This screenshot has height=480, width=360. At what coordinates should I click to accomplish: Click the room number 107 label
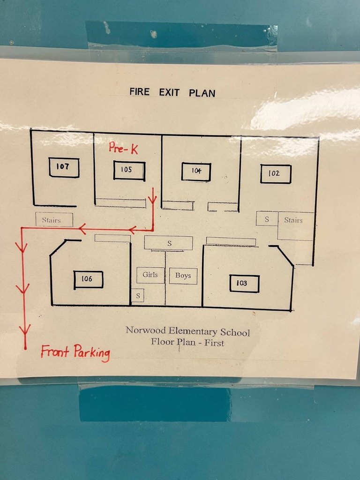pyautogui.click(x=64, y=167)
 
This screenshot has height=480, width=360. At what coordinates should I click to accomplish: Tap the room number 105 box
pyautogui.click(x=129, y=170)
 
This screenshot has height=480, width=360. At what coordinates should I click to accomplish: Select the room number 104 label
pyautogui.click(x=196, y=171)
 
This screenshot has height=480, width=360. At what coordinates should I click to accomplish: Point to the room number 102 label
pyautogui.click(x=275, y=173)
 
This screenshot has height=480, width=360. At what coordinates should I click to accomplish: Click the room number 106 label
pyautogui.click(x=88, y=279)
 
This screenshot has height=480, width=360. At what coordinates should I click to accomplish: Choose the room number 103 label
pyautogui.click(x=244, y=283)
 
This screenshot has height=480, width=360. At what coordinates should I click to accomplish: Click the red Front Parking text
pyautogui.click(x=75, y=352)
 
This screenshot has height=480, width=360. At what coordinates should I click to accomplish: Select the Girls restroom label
pyautogui.click(x=150, y=275)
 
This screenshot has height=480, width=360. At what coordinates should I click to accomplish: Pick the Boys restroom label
pyautogui.click(x=183, y=276)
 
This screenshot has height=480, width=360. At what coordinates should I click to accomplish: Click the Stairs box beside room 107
pyautogui.click(x=54, y=220)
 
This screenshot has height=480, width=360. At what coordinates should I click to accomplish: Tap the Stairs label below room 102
pyautogui.click(x=293, y=220)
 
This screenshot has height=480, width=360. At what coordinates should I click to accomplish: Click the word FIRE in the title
pyautogui.click(x=139, y=92)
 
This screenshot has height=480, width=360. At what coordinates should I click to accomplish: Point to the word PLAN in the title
pyautogui.click(x=202, y=93)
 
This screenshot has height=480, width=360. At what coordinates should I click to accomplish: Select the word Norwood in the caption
pyautogui.click(x=145, y=330)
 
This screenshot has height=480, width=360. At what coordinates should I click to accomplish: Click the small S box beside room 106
pyautogui.click(x=138, y=296)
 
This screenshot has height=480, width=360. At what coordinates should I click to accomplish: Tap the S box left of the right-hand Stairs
pyautogui.click(x=267, y=219)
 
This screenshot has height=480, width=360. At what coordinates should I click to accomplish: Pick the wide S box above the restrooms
pyautogui.click(x=169, y=243)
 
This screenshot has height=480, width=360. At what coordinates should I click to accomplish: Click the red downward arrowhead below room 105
pyautogui.click(x=152, y=199)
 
